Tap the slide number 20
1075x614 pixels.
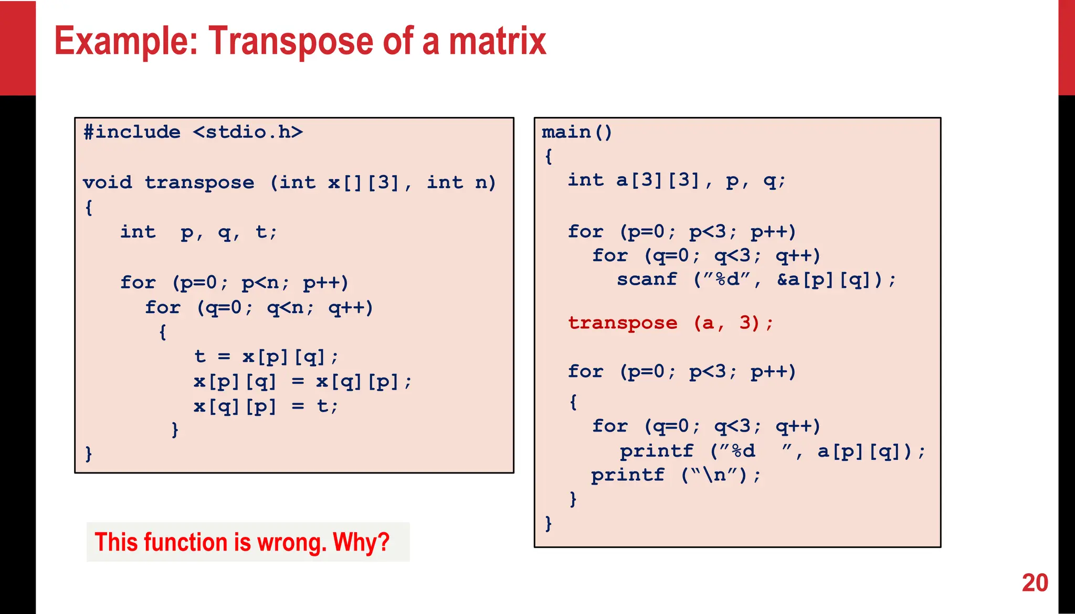(x=1035, y=583)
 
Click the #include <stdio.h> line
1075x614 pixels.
(x=193, y=132)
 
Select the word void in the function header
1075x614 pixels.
(x=107, y=182)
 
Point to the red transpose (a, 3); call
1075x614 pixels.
(x=670, y=323)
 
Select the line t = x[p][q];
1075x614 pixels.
(x=266, y=357)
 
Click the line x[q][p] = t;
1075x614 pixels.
(x=266, y=406)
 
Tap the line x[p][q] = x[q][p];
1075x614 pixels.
(x=302, y=382)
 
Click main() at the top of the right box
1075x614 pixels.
(x=576, y=132)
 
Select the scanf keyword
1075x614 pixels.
(x=647, y=279)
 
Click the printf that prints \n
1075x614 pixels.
(x=628, y=475)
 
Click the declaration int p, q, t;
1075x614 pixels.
(x=198, y=232)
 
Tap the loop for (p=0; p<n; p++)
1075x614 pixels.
(x=234, y=283)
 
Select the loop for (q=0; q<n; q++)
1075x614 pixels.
(x=259, y=307)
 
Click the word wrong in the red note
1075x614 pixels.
(x=291, y=542)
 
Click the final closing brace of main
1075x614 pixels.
(x=548, y=523)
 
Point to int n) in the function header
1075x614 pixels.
(x=461, y=182)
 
